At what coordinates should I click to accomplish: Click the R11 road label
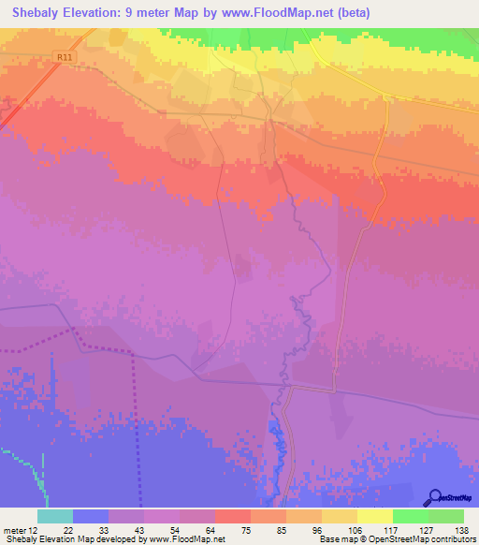(64, 57)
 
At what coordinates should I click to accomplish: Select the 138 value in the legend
(461, 529)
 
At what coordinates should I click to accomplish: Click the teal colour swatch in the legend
(55, 516)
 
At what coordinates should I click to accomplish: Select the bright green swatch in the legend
(410, 516)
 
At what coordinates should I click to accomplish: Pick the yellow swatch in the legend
(374, 516)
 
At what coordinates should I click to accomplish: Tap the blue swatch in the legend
(91, 516)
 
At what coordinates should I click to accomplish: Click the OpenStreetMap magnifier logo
(434, 497)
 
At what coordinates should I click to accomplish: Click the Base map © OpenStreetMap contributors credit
(397, 539)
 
